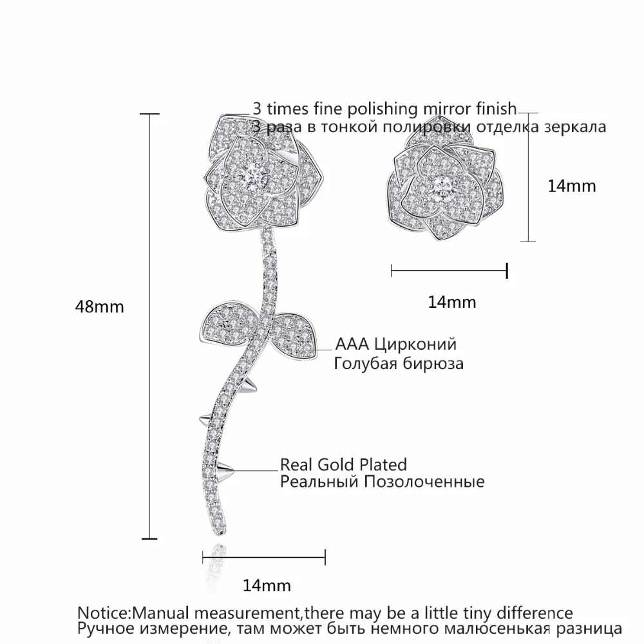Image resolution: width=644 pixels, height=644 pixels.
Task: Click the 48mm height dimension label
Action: tap(99, 307)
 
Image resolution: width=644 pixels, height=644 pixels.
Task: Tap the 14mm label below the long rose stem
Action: tap(267, 585)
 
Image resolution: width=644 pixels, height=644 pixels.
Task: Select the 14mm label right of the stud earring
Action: tap(572, 186)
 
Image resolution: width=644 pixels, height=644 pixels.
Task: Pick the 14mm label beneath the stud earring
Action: tap(452, 301)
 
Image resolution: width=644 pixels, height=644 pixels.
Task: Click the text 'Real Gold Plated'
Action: tap(343, 464)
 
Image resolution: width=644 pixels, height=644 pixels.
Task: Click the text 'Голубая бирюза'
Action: tap(399, 363)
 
